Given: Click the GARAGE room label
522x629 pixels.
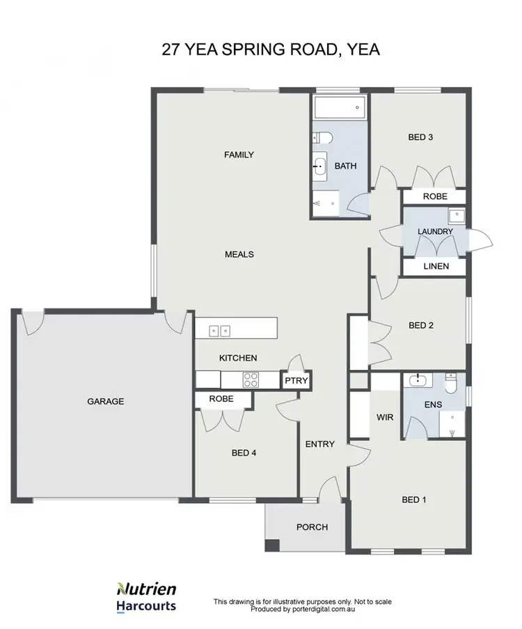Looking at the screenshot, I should pyautogui.click(x=105, y=401).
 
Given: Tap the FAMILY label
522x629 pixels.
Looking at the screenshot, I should pyautogui.click(x=239, y=155).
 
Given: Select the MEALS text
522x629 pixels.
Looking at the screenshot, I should pyautogui.click(x=239, y=254).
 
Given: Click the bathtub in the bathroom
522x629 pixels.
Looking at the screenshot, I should pyautogui.click(x=339, y=108).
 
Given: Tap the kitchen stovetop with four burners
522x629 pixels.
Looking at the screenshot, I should pyautogui.click(x=250, y=380).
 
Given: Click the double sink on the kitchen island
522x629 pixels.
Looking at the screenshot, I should pyautogui.click(x=220, y=330).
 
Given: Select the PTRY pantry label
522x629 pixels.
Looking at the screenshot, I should pyautogui.click(x=296, y=382).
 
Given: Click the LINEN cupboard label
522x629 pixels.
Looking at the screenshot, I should pyautogui.click(x=435, y=266).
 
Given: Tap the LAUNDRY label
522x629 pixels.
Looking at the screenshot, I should pyautogui.click(x=435, y=231).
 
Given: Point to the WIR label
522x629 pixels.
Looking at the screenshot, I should pyautogui.click(x=386, y=418).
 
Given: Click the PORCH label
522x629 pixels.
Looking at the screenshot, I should pyautogui.click(x=312, y=527).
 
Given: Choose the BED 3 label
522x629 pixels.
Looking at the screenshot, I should pyautogui.click(x=420, y=137).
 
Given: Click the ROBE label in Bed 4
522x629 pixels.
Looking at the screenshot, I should pyautogui.click(x=221, y=399).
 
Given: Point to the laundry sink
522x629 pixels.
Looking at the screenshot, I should pyautogui.click(x=456, y=215).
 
